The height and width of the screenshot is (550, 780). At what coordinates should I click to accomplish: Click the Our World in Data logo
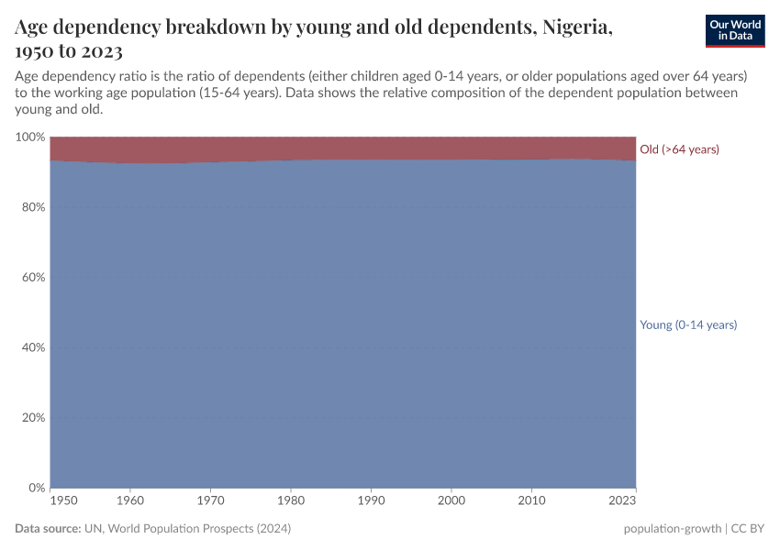(x=734, y=30)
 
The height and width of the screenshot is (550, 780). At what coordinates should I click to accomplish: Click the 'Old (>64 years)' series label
(x=679, y=149)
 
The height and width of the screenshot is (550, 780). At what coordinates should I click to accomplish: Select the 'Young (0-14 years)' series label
(x=688, y=324)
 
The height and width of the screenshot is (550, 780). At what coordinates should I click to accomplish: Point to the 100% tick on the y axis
(x=30, y=137)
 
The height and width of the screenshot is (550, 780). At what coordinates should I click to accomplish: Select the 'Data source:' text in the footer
(x=47, y=529)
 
